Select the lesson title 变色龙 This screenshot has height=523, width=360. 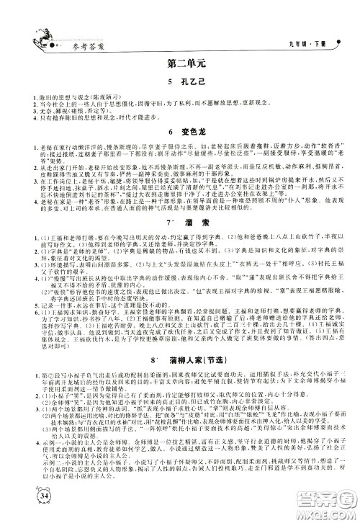[186, 132]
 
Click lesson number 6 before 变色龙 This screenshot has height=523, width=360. [163, 132]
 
